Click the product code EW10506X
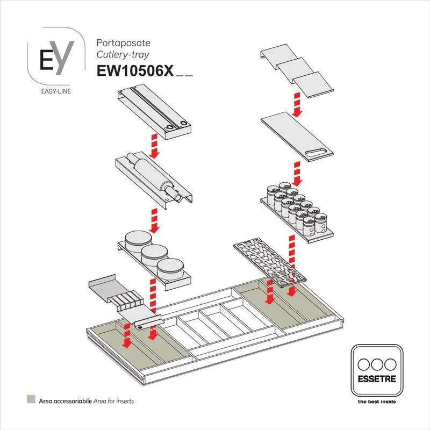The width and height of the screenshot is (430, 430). tap(134, 71)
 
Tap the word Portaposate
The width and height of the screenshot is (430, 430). tap(123, 42)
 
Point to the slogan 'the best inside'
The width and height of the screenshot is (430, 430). tap(376, 402)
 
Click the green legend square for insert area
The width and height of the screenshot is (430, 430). tap(31, 400)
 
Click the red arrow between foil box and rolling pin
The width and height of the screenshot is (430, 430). tap(155, 146)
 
